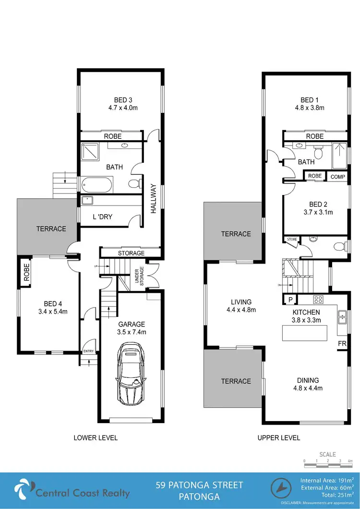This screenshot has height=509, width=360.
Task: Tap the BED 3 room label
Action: (122, 100)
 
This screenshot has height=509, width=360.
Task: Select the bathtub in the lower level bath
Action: (97, 184)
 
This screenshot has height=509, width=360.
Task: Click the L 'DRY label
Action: (102, 217)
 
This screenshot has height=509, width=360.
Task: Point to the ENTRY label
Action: (89, 351)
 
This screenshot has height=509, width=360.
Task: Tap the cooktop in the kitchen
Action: (318, 300)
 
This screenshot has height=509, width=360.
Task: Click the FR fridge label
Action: (342, 344)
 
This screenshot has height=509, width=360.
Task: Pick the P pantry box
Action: (290, 300)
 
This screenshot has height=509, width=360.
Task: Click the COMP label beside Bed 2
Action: (338, 177)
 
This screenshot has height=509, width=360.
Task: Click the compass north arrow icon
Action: (282, 489)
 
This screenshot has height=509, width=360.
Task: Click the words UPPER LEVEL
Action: (278, 437)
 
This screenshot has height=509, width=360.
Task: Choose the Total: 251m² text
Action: (331, 494)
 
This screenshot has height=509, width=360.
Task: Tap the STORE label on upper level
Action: (291, 238)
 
